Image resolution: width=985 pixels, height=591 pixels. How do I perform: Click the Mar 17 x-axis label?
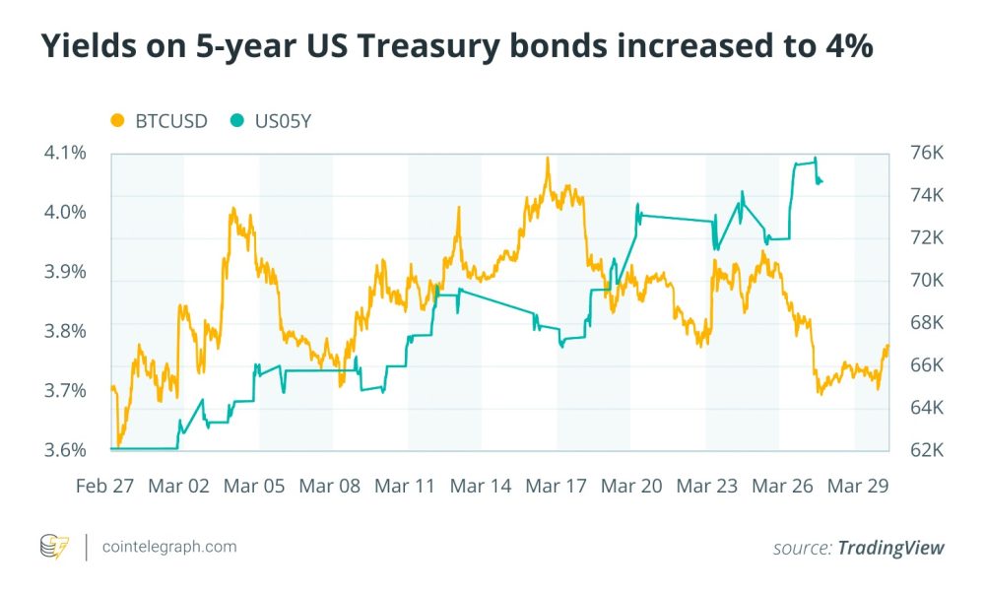pyautogui.click(x=557, y=486)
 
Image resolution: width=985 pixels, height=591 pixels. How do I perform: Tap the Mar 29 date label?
pyautogui.click(x=858, y=486)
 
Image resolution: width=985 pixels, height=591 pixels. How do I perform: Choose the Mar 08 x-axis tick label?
pyautogui.click(x=330, y=486)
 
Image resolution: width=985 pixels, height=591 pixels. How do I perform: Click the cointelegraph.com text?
pyautogui.click(x=169, y=546)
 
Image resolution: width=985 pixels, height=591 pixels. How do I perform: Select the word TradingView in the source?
pyautogui.click(x=890, y=547)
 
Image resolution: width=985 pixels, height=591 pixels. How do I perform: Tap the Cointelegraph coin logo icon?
pyautogui.click(x=54, y=546)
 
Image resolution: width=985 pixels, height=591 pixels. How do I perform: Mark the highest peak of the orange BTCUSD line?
pyautogui.click(x=547, y=158)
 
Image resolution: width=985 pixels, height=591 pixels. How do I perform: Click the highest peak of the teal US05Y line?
pyautogui.click(x=815, y=159)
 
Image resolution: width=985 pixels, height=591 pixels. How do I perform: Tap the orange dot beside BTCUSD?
pyautogui.click(x=118, y=122)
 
